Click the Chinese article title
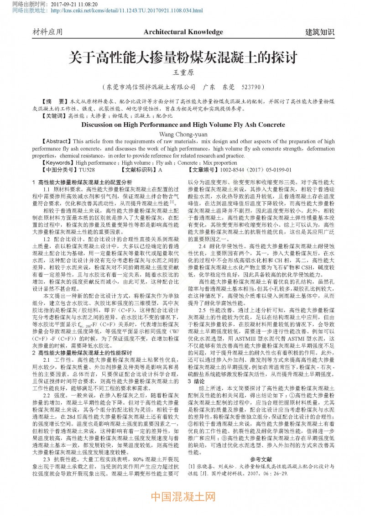tap(182, 58)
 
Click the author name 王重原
tap(182, 73)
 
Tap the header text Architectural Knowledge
tap(183, 32)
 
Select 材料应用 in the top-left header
tap(47, 32)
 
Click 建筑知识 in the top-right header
tap(319, 32)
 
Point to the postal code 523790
tap(251, 87)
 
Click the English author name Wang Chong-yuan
tap(182, 134)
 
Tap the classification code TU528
tap(87, 170)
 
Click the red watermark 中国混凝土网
tap(182, 496)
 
